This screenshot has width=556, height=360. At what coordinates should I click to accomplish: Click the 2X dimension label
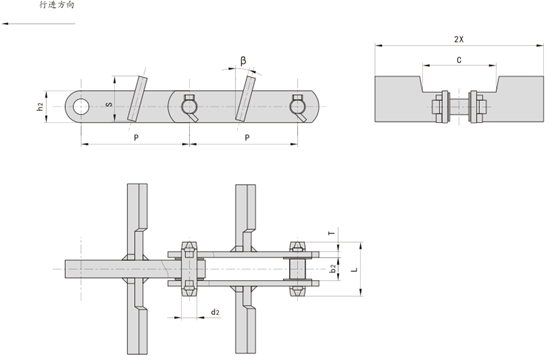point(458,39)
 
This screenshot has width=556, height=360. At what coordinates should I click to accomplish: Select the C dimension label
point(459,60)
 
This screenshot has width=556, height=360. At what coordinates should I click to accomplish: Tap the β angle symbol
point(243,61)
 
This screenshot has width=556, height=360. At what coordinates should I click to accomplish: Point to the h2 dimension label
point(40,106)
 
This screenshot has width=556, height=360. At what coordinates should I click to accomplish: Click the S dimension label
point(109,104)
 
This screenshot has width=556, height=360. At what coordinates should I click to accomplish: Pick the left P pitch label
point(136,138)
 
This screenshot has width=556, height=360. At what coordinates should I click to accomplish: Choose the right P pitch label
point(247,138)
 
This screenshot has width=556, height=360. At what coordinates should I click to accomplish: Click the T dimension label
point(332,233)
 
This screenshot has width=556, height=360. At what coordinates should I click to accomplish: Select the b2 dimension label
point(333,268)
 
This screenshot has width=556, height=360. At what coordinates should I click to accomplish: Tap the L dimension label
point(354,270)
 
